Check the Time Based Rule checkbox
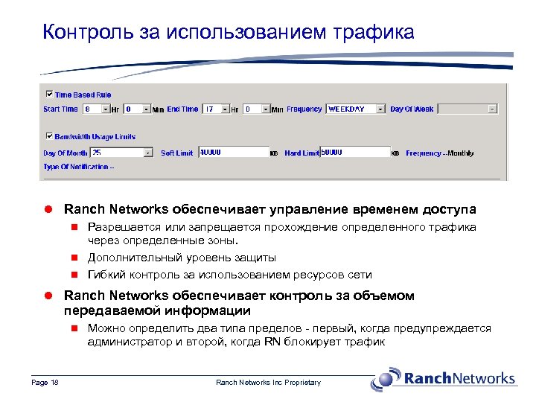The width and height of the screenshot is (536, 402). pyautogui.click(x=50, y=95)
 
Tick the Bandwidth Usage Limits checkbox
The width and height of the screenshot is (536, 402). pyautogui.click(x=50, y=136)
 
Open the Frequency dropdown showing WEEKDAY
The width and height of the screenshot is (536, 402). pyautogui.click(x=357, y=109)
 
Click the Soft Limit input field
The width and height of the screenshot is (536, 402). pyautogui.click(x=232, y=152)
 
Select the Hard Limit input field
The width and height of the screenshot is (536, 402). pyautogui.click(x=354, y=152)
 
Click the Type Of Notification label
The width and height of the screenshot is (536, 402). pyautogui.click(x=78, y=167)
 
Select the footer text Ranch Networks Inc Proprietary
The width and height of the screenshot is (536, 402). pyautogui.click(x=268, y=383)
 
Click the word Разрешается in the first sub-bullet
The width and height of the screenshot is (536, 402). pyautogui.click(x=122, y=227)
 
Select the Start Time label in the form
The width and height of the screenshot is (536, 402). pyautogui.click(x=60, y=109)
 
